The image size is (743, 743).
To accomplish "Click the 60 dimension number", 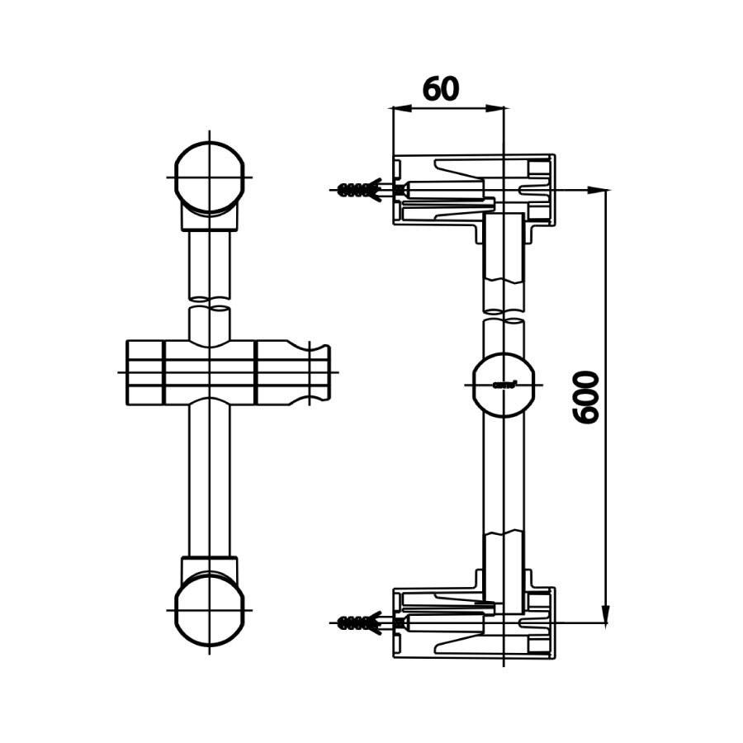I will [440, 88].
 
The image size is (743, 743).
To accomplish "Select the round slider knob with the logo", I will [503, 384].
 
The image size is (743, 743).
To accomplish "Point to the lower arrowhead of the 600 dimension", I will [606, 614].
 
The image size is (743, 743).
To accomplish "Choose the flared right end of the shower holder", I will [318, 373].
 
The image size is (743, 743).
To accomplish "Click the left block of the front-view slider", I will [144, 372].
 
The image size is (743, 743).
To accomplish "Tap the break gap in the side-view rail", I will [503, 312].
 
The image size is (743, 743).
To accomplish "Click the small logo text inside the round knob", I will [504, 384].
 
